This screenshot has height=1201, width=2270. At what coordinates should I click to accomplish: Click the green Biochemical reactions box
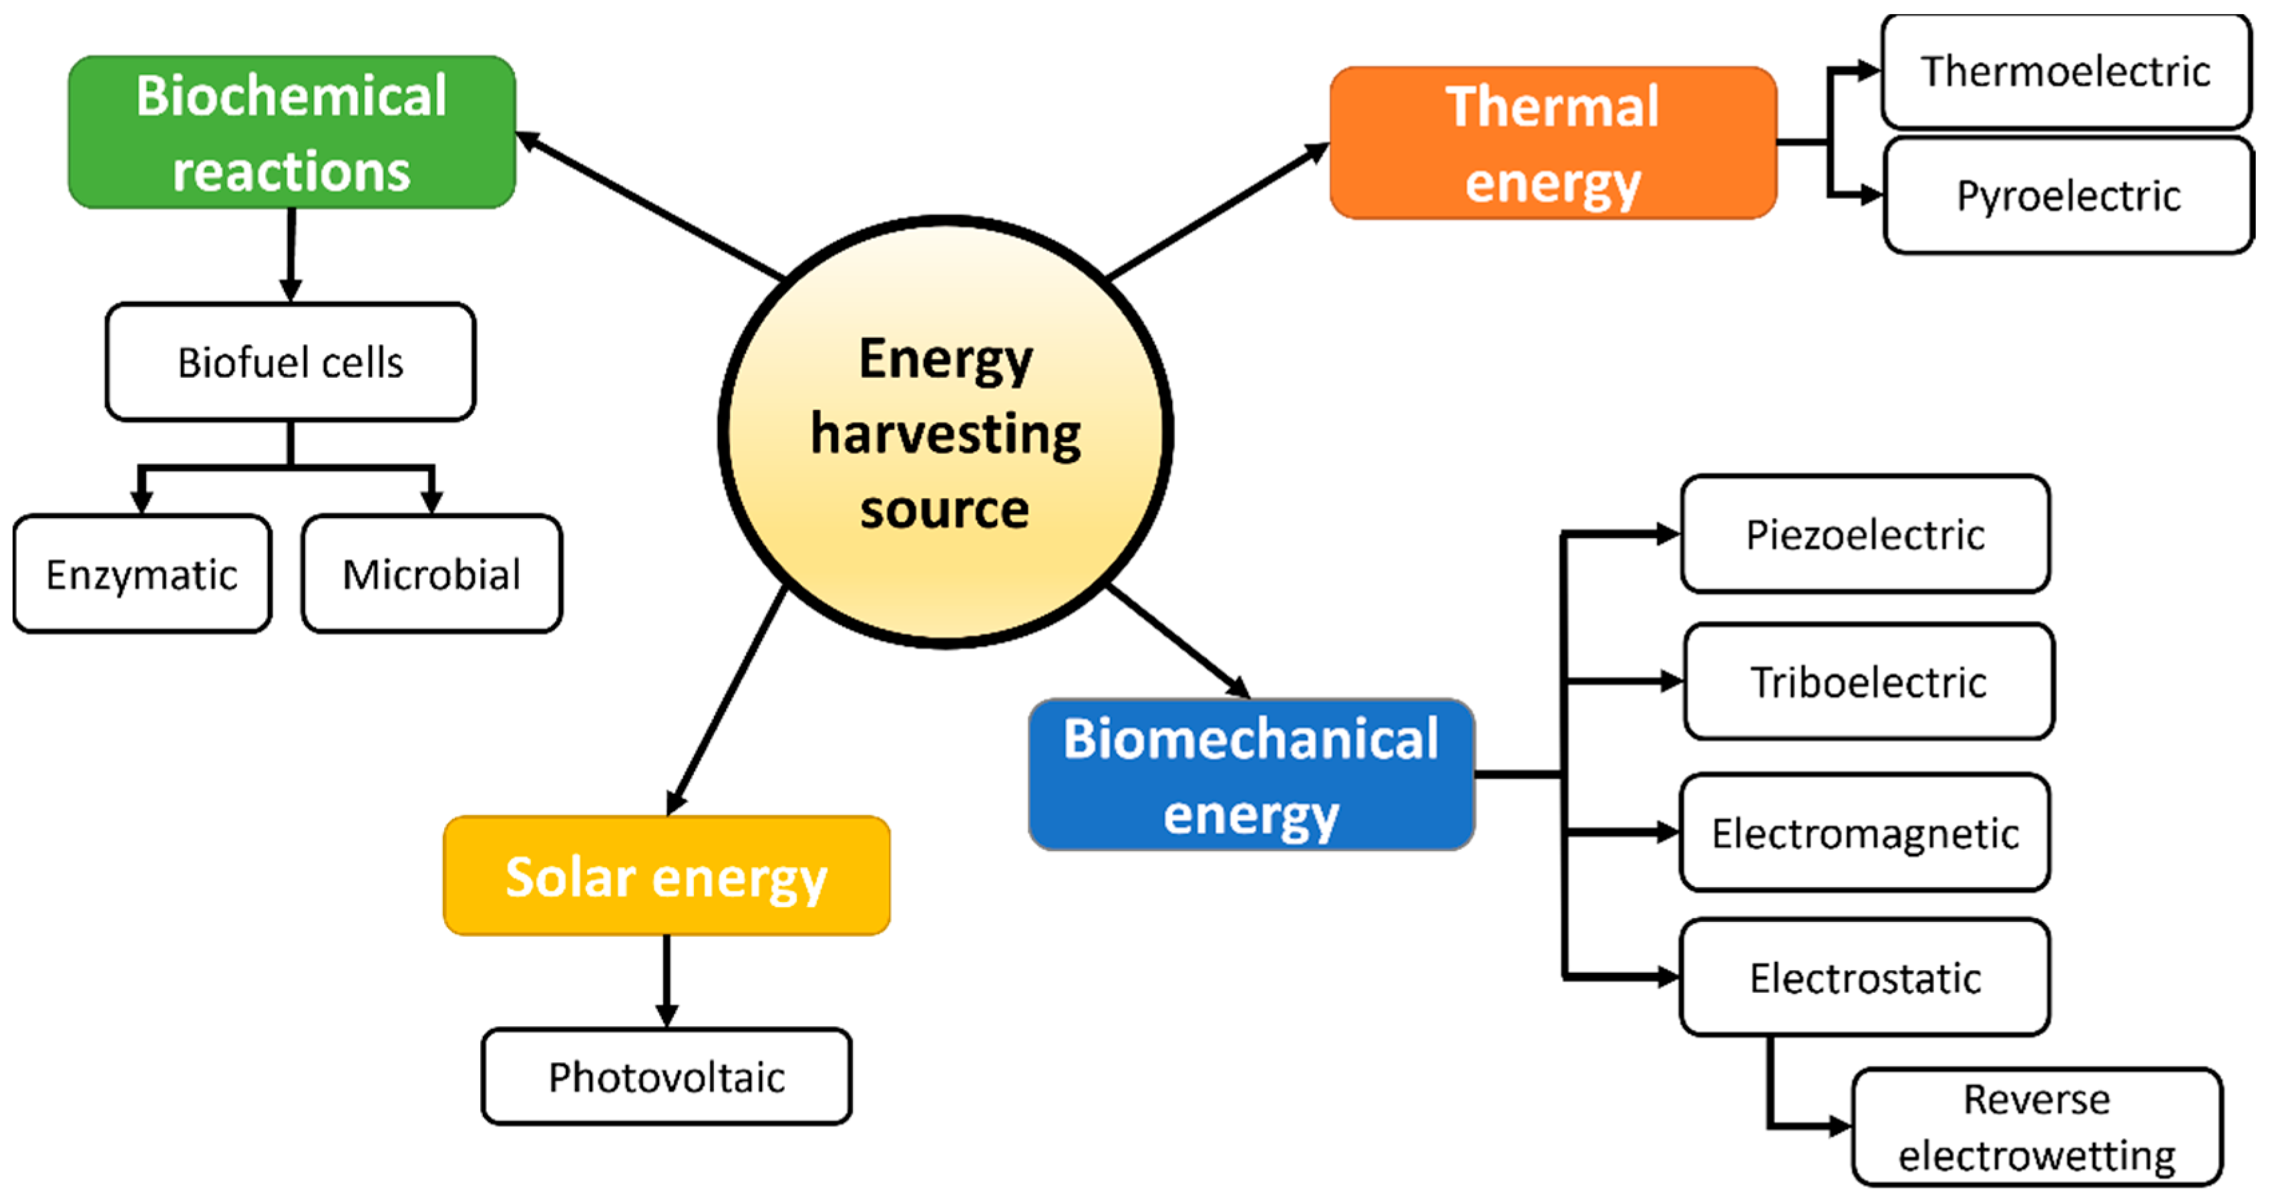[292, 132]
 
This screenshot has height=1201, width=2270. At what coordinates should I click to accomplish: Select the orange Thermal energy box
[1553, 143]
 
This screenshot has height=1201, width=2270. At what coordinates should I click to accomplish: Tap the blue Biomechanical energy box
[1252, 774]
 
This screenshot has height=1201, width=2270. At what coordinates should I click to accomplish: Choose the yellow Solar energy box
[667, 876]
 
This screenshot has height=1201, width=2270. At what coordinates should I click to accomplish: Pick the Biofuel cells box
[291, 362]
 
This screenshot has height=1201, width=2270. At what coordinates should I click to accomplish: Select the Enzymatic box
[142, 575]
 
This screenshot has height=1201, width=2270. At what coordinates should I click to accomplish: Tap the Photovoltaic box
[667, 1076]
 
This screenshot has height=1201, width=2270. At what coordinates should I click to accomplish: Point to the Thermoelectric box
[2066, 71]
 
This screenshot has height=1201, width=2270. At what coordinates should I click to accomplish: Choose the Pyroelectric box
[2068, 196]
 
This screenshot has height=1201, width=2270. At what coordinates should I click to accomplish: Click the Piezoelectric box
[1865, 534]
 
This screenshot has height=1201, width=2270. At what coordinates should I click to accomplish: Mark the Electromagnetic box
[1865, 832]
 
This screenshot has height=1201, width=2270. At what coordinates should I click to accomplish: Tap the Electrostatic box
[1865, 977]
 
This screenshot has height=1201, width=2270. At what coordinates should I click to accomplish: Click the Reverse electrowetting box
[2036, 1127]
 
